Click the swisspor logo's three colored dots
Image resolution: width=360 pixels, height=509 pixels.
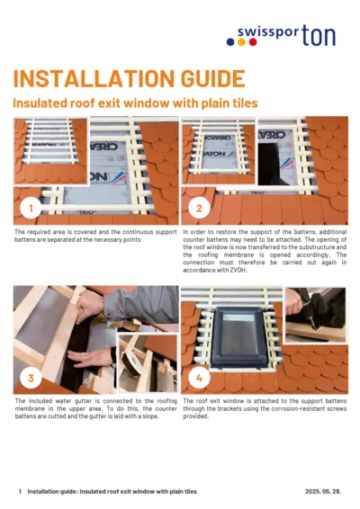point(241,40)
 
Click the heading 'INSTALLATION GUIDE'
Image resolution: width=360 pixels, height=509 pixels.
point(128,77)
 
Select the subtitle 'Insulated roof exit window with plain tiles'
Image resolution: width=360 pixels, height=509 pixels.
point(135,103)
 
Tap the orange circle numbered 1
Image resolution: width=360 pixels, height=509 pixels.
point(31,209)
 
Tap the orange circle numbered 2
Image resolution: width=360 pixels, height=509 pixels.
point(199,209)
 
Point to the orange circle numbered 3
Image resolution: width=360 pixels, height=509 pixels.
point(31,378)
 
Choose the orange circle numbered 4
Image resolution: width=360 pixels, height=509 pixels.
point(199,378)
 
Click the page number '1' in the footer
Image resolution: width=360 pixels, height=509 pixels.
point(20,492)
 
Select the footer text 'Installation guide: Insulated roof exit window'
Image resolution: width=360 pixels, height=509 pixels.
point(99,492)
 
